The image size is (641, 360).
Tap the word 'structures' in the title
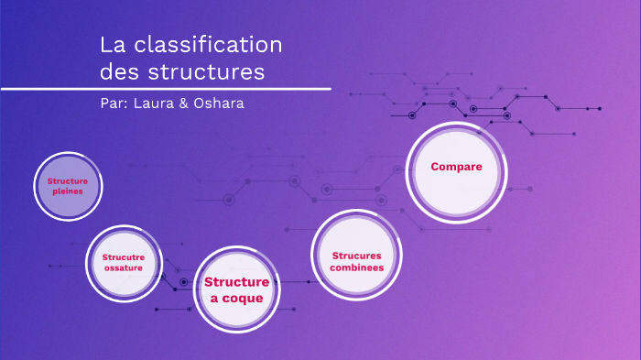(207, 71)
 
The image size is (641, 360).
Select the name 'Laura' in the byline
(151, 103)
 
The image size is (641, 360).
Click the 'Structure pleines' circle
(68, 187)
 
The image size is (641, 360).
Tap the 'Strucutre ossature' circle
(124, 264)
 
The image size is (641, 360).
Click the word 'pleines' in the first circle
(68, 192)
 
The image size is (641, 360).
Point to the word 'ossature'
(124, 268)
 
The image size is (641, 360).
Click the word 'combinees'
(358, 267)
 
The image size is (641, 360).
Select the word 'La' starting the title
(112, 44)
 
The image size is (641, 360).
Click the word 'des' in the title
(120, 71)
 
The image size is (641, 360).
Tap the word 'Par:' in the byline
(114, 103)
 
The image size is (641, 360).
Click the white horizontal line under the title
(165, 89)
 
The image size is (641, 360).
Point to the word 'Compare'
(456, 167)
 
